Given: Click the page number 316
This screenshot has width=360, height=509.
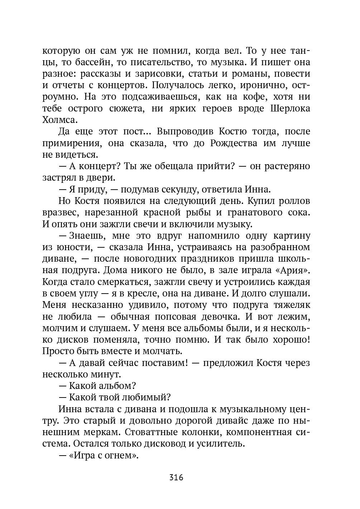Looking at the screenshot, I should pyautogui.click(x=176, y=477).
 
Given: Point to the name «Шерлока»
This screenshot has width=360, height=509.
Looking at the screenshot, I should pyautogui.click(x=290, y=109).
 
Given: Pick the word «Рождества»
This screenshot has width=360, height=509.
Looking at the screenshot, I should pyautogui.click(x=234, y=143).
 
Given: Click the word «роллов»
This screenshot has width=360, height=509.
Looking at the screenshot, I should pyautogui.click(x=293, y=201).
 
